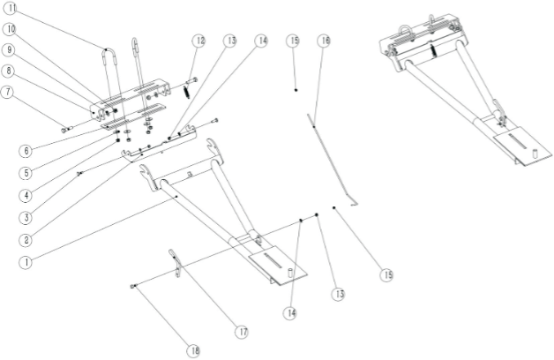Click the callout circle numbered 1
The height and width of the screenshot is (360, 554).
coord(26,262)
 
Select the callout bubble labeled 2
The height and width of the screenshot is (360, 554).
coord(26,240)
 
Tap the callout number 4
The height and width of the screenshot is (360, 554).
coord(26,195)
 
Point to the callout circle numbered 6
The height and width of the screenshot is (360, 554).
coord(26,151)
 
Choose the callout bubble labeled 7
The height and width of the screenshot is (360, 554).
coord(7,93)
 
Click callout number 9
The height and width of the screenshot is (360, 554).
coord(9,49)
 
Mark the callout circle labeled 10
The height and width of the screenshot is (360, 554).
coord(11,29)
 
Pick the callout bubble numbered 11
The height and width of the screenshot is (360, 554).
coord(11,8)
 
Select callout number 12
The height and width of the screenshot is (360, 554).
coord(198,41)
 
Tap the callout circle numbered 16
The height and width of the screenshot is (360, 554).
coord(324,41)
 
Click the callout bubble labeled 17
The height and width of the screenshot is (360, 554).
coord(243,332)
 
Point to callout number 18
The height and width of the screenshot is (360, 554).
coord(193,350)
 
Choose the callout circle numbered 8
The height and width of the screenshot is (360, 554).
coord(9,71)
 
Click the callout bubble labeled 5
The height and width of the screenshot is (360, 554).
coord(26,173)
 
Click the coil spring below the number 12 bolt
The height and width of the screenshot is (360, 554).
coord(187,93)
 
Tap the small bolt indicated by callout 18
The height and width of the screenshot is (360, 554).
coord(133,286)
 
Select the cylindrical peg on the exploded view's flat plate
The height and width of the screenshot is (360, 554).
coord(289,273)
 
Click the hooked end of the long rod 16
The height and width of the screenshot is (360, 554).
coord(354,203)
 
